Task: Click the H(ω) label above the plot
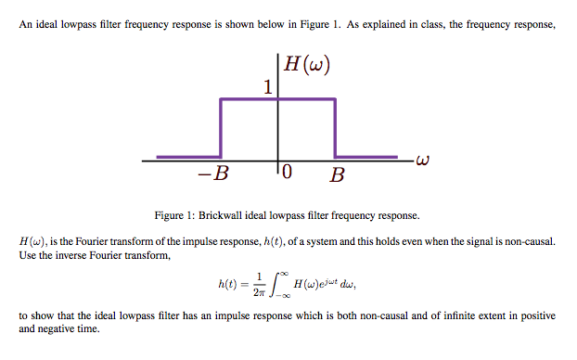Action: click(x=306, y=65)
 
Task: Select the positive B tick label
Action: click(x=337, y=174)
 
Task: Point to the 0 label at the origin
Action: click(x=287, y=174)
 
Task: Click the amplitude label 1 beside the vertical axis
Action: click(x=267, y=88)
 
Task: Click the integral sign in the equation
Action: click(x=275, y=283)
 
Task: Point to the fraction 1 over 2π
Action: click(x=261, y=283)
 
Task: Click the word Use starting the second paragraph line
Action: click(x=27, y=254)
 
